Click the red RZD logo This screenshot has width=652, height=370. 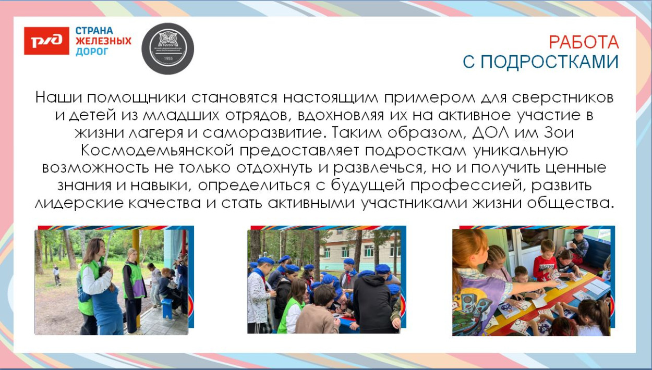pos(46,41)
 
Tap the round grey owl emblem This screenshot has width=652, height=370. pos(167,48)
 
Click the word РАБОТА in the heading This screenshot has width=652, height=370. pos(584,42)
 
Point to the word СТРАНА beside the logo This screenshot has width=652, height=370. pos(94,30)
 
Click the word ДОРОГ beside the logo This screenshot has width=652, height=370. pos(92,52)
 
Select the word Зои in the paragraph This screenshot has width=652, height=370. pos(560,132)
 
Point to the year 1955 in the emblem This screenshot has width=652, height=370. pos(167,59)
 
